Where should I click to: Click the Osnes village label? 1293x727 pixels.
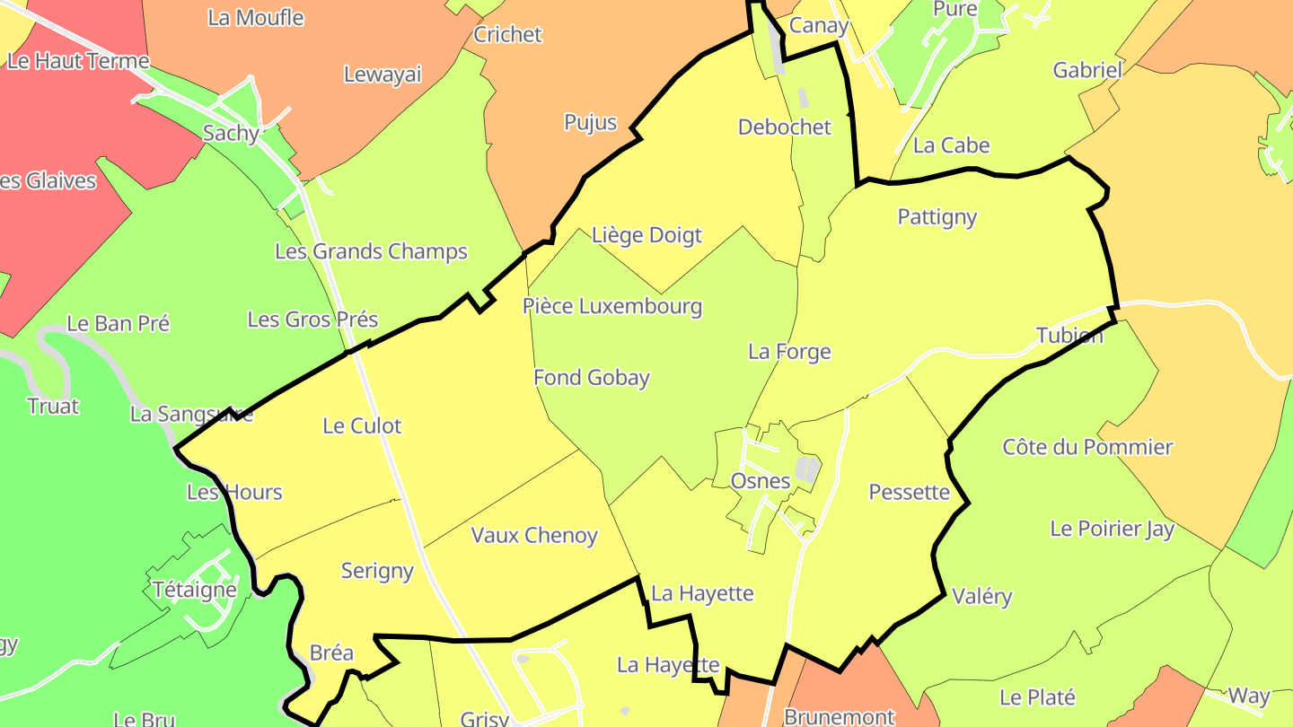pos(761,481)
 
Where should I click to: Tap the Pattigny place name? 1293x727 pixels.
pos(937,217)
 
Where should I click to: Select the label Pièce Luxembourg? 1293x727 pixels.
pos(612,306)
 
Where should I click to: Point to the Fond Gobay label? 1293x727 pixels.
pos(591,378)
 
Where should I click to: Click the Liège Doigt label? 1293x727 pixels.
pos(646,235)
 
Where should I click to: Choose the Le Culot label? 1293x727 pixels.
pos(362,426)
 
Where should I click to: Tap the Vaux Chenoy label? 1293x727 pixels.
pos(534,536)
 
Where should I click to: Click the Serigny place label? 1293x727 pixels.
pos(377,571)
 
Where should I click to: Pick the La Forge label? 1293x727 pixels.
pos(789,352)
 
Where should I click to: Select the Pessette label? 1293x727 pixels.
pos(909,492)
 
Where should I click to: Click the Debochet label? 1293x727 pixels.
pos(784,127)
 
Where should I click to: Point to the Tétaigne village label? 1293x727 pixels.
pos(195,590)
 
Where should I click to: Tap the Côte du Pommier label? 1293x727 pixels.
pos(1087,447)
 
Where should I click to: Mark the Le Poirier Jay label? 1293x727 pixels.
pos(1112,529)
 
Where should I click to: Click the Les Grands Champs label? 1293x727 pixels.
pos(371,251)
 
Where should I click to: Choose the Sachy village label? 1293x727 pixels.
pos(231,134)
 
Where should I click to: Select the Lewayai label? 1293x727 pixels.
pos(383,74)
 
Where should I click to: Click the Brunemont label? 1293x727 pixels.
pos(839,716)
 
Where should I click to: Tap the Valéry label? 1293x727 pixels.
pos(981,597)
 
